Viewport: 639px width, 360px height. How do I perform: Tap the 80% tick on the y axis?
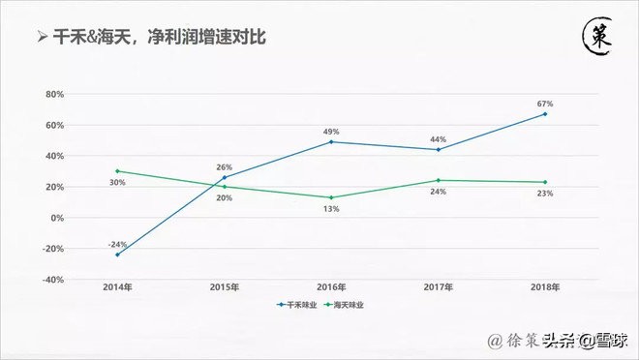click(x=54, y=95)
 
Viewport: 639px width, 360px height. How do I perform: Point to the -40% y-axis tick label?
click(x=53, y=280)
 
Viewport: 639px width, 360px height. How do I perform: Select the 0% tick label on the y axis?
click(x=58, y=218)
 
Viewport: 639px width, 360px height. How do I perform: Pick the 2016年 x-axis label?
click(x=331, y=287)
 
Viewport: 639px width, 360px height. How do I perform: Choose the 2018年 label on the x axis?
click(x=544, y=287)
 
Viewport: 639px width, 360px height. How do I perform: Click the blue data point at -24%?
click(x=117, y=255)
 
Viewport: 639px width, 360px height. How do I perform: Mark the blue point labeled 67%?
click(x=545, y=114)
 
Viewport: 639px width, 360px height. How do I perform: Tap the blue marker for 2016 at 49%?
click(x=331, y=142)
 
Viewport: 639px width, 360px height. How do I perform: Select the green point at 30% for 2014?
click(x=117, y=171)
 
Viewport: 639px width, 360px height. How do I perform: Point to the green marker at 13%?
click(x=331, y=197)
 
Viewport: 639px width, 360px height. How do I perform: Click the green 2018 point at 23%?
click(x=545, y=182)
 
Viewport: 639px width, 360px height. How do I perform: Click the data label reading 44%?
click(x=438, y=138)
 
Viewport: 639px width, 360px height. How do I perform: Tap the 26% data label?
click(x=225, y=167)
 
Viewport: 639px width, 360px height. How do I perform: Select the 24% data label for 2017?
click(x=438, y=193)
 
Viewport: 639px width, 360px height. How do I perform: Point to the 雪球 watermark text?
click(x=607, y=340)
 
